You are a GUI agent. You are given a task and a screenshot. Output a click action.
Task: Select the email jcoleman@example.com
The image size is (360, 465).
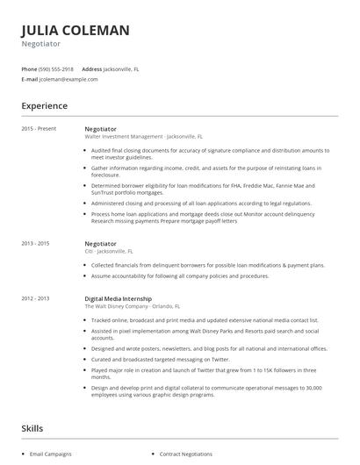point(68,79)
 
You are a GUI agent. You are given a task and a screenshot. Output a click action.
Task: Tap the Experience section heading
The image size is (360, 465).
point(45,105)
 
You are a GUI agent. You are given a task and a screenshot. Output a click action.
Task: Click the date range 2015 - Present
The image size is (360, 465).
point(39,129)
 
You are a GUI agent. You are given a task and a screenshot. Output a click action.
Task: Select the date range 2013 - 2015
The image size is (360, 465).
point(36,243)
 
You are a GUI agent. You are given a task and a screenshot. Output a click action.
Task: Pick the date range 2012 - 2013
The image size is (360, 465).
point(36,298)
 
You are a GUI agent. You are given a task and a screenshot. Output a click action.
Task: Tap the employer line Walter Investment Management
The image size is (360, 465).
point(143,137)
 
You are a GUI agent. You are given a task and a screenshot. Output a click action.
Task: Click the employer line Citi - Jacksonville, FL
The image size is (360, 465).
point(115,251)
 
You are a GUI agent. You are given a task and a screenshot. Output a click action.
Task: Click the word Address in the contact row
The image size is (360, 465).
point(91,68)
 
